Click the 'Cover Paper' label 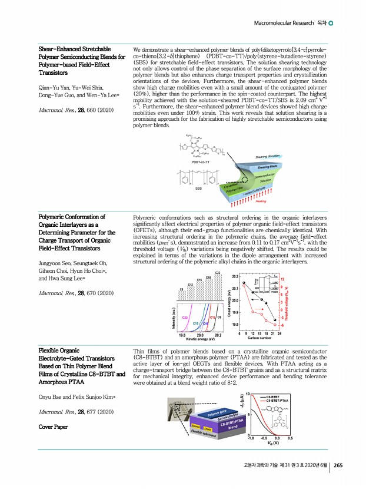click(x=53, y=426)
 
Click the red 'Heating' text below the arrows click(x=261, y=201)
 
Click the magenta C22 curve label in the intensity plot click(x=185, y=318)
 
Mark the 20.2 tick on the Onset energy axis click(x=235, y=276)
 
